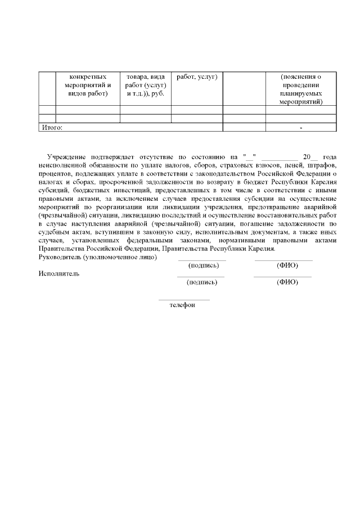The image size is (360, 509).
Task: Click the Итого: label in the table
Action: click(x=52, y=128)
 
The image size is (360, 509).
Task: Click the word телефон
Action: click(x=182, y=305)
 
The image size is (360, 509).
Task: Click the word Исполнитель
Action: click(x=58, y=274)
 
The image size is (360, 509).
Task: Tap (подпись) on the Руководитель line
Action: click(x=202, y=265)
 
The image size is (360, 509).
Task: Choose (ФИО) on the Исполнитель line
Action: click(x=287, y=282)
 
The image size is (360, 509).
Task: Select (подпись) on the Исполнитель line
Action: click(x=202, y=282)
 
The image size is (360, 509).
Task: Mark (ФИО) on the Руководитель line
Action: click(x=287, y=265)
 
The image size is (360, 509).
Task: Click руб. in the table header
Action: click(x=157, y=93)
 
